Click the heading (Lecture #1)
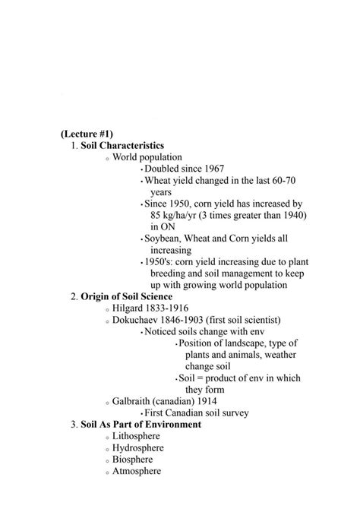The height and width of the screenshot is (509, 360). click(x=87, y=133)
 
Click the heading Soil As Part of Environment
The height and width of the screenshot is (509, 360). click(x=141, y=425)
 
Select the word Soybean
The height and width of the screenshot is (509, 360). click(x=164, y=239)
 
